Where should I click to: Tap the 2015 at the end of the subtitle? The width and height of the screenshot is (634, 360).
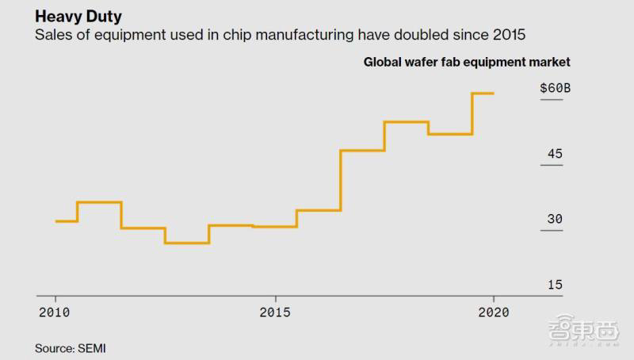coord(508,36)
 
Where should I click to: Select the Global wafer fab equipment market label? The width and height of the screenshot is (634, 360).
coord(467,62)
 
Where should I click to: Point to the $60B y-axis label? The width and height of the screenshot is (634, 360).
coord(554,88)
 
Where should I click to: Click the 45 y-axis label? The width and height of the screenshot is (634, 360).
coord(555,154)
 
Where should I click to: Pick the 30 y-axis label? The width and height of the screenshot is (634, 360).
coord(555,220)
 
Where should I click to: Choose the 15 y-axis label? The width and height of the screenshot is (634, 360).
coord(555,285)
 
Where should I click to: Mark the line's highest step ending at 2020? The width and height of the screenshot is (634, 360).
coord(483,94)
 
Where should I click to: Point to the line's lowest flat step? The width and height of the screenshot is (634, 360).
coord(187,243)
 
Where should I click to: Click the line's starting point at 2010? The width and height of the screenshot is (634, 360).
coord(55,221)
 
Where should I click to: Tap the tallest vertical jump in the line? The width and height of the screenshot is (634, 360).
coord(340,180)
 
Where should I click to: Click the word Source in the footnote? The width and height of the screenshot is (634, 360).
coord(53,347)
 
